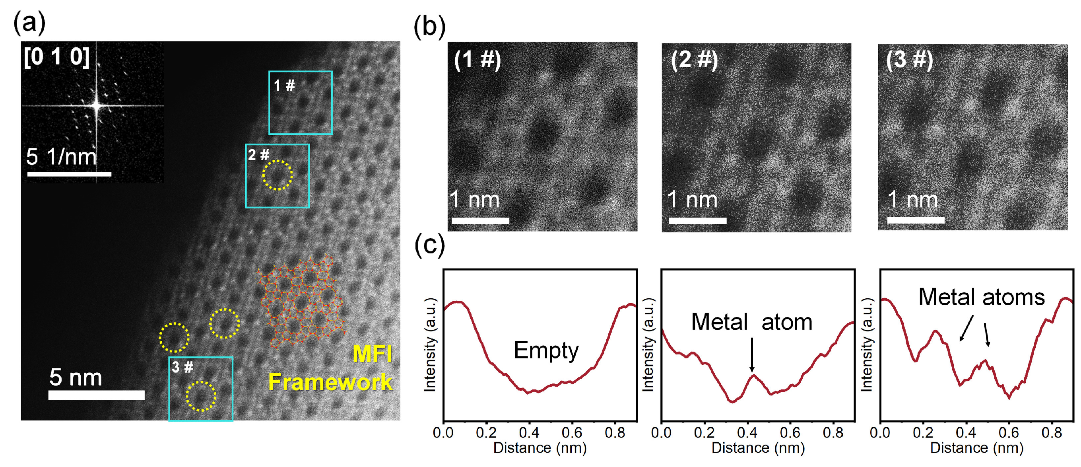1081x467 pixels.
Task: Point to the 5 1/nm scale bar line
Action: point(69,174)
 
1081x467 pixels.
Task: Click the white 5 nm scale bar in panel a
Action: point(96,395)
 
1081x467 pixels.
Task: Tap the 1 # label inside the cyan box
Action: point(284,86)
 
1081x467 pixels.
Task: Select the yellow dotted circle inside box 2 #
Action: point(278,175)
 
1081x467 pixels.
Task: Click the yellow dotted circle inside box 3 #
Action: point(201,396)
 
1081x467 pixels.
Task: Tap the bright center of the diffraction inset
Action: point(97,105)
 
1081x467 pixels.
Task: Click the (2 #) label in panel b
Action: point(694,60)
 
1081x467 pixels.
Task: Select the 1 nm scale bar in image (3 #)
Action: point(916,220)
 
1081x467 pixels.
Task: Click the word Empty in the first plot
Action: point(546,350)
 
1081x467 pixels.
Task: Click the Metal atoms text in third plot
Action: point(981,297)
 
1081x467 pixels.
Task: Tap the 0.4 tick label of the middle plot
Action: point(747,432)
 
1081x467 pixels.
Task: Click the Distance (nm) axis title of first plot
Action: point(540,448)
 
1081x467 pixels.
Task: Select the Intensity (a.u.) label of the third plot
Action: point(867,344)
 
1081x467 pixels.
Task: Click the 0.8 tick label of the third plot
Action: point(1052,432)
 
